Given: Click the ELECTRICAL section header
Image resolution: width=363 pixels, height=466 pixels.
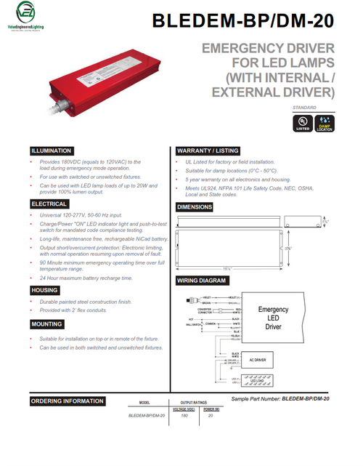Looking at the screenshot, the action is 49,204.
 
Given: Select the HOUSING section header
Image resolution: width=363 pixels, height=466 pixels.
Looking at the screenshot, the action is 44,290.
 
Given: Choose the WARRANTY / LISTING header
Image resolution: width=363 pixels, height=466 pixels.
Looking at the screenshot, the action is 208,150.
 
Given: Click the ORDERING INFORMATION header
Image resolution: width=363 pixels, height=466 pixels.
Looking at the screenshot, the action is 66,401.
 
